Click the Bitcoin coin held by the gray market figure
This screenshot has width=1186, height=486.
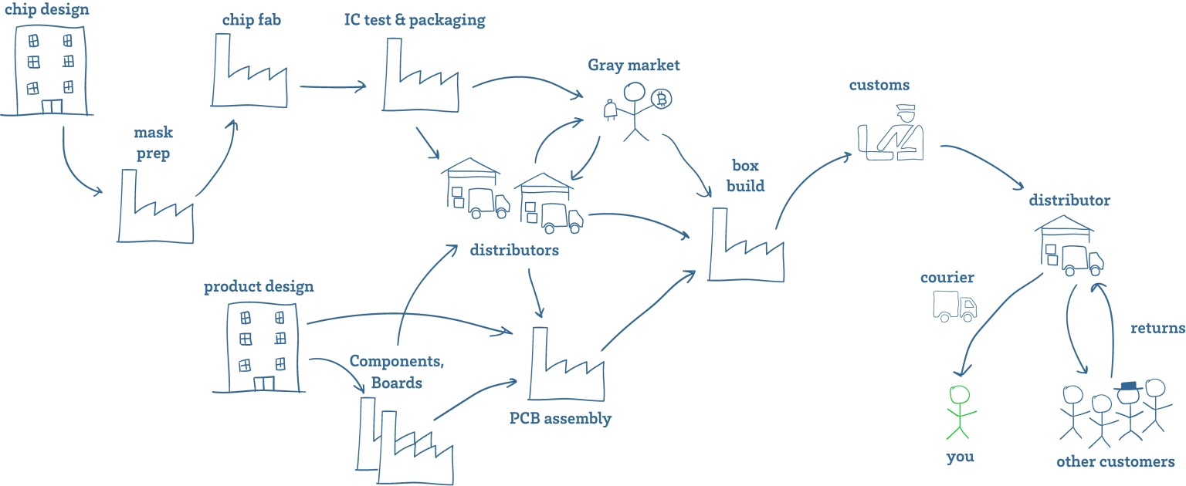pyautogui.click(x=661, y=99)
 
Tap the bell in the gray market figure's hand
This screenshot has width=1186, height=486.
pyautogui.click(x=610, y=110)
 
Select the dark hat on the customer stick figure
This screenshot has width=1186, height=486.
pyautogui.click(x=1128, y=386)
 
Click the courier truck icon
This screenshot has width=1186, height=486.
pyautogui.click(x=954, y=306)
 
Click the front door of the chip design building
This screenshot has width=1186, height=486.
pyautogui.click(x=52, y=106)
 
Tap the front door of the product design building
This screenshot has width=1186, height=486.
pyautogui.click(x=263, y=383)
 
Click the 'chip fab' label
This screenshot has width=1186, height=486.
pyautogui.click(x=252, y=20)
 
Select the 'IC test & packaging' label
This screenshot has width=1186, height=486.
pyautogui.click(x=415, y=20)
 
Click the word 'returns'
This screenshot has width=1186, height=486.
pyautogui.click(x=1157, y=329)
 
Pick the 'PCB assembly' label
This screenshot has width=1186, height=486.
pyautogui.click(x=560, y=419)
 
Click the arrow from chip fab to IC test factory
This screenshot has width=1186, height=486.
pyautogui.click(x=333, y=86)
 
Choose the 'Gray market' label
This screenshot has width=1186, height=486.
pyautogui.click(x=634, y=66)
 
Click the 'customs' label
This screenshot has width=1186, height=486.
pyautogui.click(x=879, y=85)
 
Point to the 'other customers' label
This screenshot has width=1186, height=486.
pyautogui.click(x=1116, y=461)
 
